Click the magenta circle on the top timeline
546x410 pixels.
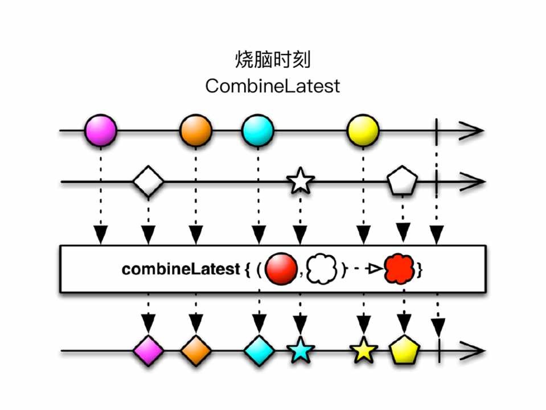100,130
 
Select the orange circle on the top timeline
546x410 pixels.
196,130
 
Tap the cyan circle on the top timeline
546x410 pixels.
258,130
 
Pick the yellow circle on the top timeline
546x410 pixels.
363,130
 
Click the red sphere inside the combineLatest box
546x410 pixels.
282,269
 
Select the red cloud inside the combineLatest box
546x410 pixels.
400,269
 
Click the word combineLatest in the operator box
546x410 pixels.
180,269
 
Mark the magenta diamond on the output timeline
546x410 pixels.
148,351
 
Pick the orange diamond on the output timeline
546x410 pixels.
196,351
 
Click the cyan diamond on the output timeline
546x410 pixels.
259,351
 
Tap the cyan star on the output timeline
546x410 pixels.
300,351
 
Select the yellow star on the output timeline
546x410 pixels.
363,351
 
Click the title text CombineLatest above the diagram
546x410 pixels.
272,86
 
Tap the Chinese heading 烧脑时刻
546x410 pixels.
272,59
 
